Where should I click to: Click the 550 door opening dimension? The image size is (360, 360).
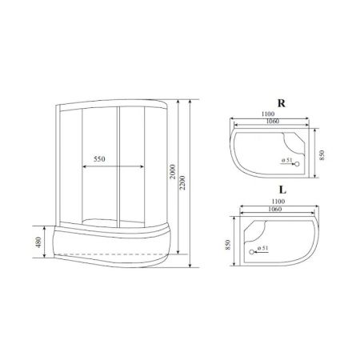(x=100, y=159)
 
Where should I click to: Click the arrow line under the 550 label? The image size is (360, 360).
(x=100, y=166)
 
